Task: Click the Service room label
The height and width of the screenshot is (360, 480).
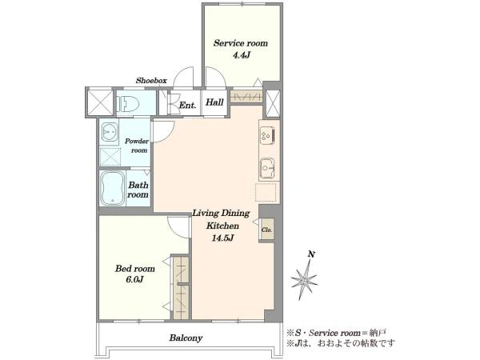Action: [241, 43]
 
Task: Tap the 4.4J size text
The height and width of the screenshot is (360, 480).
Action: [242, 55]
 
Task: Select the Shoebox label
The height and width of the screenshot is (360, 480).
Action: [151, 81]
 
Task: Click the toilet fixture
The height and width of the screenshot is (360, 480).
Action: [128, 103]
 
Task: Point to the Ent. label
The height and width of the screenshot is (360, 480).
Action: [187, 106]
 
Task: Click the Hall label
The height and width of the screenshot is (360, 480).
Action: [214, 102]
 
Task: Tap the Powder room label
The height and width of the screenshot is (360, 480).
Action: [137, 146]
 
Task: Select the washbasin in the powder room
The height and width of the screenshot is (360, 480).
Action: [109, 132]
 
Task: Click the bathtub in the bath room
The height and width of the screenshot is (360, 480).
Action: [113, 189]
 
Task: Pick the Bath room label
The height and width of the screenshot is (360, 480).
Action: [138, 190]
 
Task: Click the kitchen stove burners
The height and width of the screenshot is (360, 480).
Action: [267, 134]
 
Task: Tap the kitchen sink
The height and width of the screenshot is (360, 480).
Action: [267, 168]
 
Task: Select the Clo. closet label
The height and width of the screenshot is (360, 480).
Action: [266, 230]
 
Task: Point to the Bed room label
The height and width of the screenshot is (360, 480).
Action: [135, 269]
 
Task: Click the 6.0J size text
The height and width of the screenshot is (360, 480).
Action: [134, 279]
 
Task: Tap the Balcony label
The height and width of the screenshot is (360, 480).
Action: [186, 338]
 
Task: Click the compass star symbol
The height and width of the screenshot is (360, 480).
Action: [304, 280]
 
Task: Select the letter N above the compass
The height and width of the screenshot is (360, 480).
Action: [312, 254]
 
